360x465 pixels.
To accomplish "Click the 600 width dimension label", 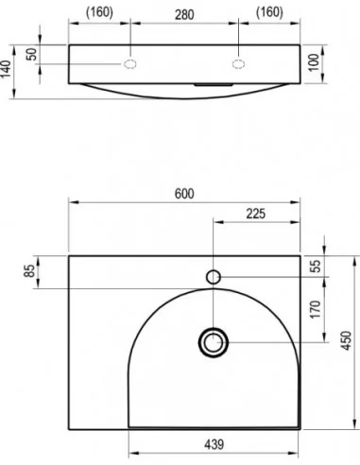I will [x=184, y=194].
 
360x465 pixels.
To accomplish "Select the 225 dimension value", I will [x=255, y=214].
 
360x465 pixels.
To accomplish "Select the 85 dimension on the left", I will [x=31, y=271].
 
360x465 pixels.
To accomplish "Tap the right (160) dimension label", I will [x=268, y=13].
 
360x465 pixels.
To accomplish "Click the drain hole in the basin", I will [x=214, y=341].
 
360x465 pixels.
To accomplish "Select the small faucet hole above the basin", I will [x=214, y=277].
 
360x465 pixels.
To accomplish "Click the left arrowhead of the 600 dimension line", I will [x=72, y=203].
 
